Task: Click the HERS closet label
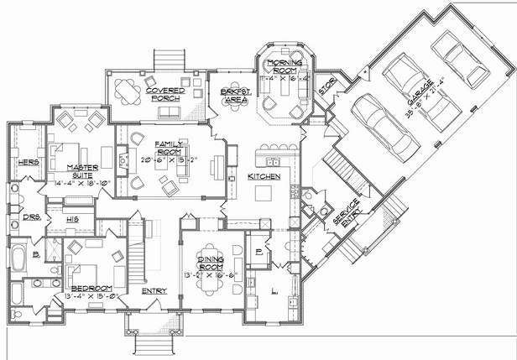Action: [x=28, y=161]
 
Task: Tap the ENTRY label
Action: [x=154, y=291]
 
